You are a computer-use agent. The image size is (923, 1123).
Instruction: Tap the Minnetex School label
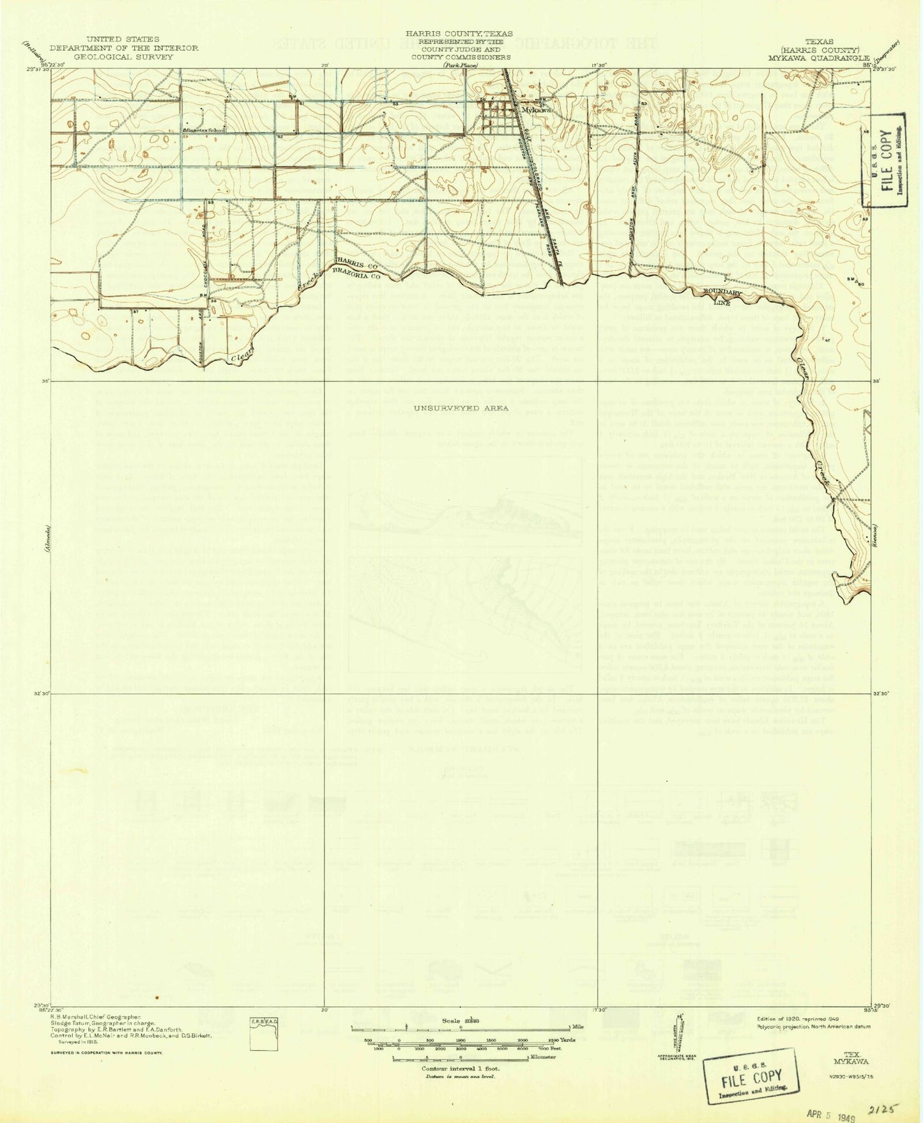[x=204, y=130]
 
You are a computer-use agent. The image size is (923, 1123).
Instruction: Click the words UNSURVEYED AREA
[x=461, y=408]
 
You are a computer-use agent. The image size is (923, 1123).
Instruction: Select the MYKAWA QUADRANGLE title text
[x=820, y=57]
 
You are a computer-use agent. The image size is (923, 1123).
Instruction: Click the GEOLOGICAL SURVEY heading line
[x=123, y=57]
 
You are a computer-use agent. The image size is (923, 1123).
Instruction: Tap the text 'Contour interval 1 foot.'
[x=461, y=1068]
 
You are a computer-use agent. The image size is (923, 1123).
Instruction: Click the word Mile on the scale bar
[x=579, y=1028]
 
